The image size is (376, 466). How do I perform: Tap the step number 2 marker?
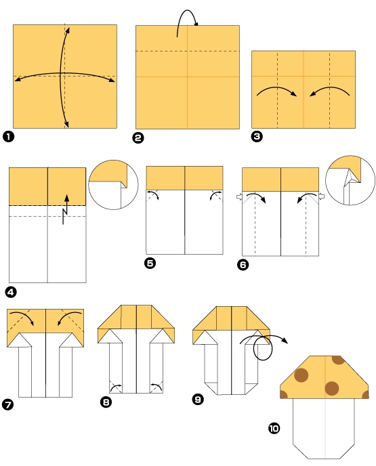click(138, 137)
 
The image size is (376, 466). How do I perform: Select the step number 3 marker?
click(256, 137)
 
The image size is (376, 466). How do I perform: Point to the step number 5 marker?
click(150, 263)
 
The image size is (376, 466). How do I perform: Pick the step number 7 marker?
click(9, 405)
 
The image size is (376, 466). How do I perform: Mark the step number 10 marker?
click(274, 428)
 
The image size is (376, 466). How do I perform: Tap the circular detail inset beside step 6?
click(350, 180)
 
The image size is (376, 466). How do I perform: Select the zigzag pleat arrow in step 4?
click(66, 209)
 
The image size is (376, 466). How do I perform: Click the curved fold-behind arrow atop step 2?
click(185, 21)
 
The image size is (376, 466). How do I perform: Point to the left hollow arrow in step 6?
click(238, 197)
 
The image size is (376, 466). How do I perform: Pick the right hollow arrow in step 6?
click(322, 196)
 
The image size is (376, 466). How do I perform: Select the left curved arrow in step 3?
click(274, 91)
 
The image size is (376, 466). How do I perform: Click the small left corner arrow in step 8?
click(117, 387)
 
